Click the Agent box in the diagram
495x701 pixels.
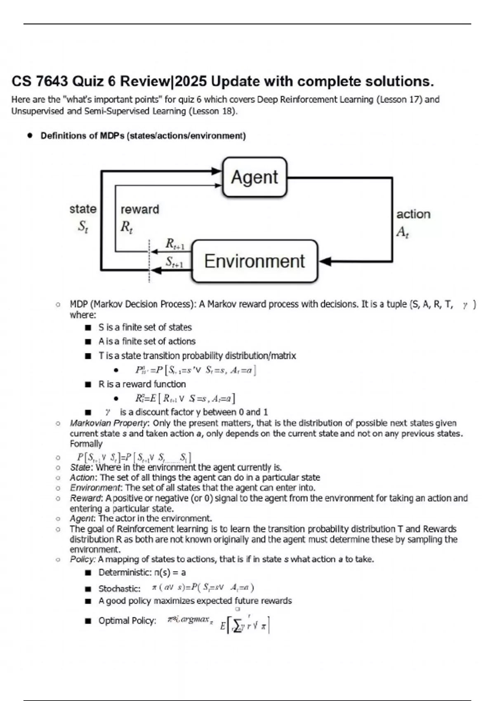255,177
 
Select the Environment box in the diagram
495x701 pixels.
255,261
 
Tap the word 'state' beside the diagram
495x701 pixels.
82,209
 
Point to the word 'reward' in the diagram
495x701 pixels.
139,209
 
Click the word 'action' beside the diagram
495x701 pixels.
413,214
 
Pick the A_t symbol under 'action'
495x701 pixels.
402,232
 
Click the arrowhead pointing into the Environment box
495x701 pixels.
324,261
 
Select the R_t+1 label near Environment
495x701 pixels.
174,244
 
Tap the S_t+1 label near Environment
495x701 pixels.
174,262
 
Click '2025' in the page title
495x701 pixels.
191,81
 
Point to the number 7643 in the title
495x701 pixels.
52,81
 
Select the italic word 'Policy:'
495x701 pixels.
82,559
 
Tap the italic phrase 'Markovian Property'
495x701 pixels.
108,423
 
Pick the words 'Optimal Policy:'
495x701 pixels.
127,621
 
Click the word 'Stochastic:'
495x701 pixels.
119,588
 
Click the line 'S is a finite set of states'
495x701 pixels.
145,327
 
